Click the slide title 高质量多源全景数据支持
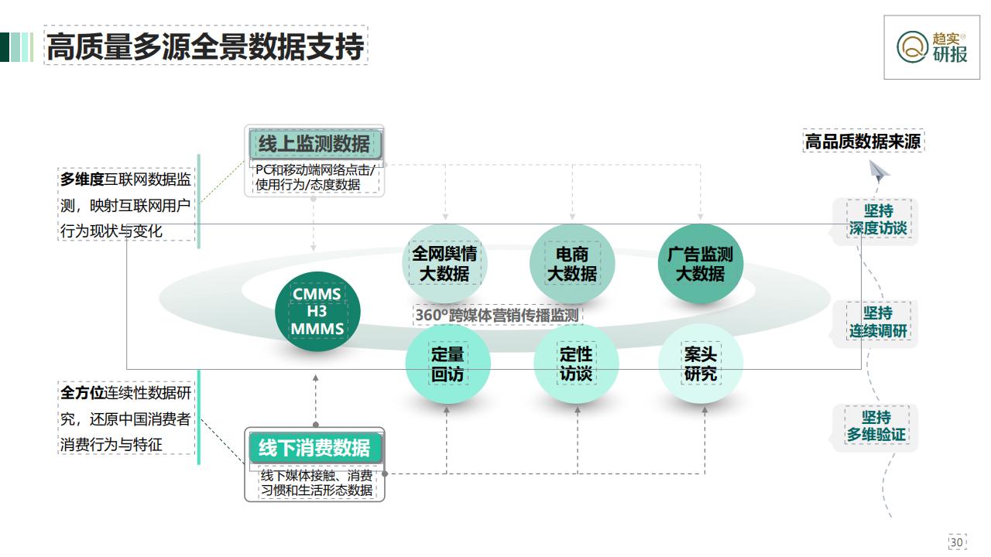(206, 46)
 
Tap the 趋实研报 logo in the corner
(931, 47)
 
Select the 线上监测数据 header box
(315, 144)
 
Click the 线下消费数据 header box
(315, 448)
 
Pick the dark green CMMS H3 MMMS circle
(317, 312)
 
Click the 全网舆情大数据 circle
(444, 264)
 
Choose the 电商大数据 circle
(572, 264)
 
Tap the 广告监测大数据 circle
(701, 264)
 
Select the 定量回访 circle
(447, 364)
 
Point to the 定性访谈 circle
(576, 364)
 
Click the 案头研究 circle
(701, 364)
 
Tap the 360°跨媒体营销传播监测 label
(497, 315)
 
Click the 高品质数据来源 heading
(863, 142)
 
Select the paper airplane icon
(879, 171)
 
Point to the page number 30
(957, 542)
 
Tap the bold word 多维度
(82, 179)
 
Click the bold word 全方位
(82, 392)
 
